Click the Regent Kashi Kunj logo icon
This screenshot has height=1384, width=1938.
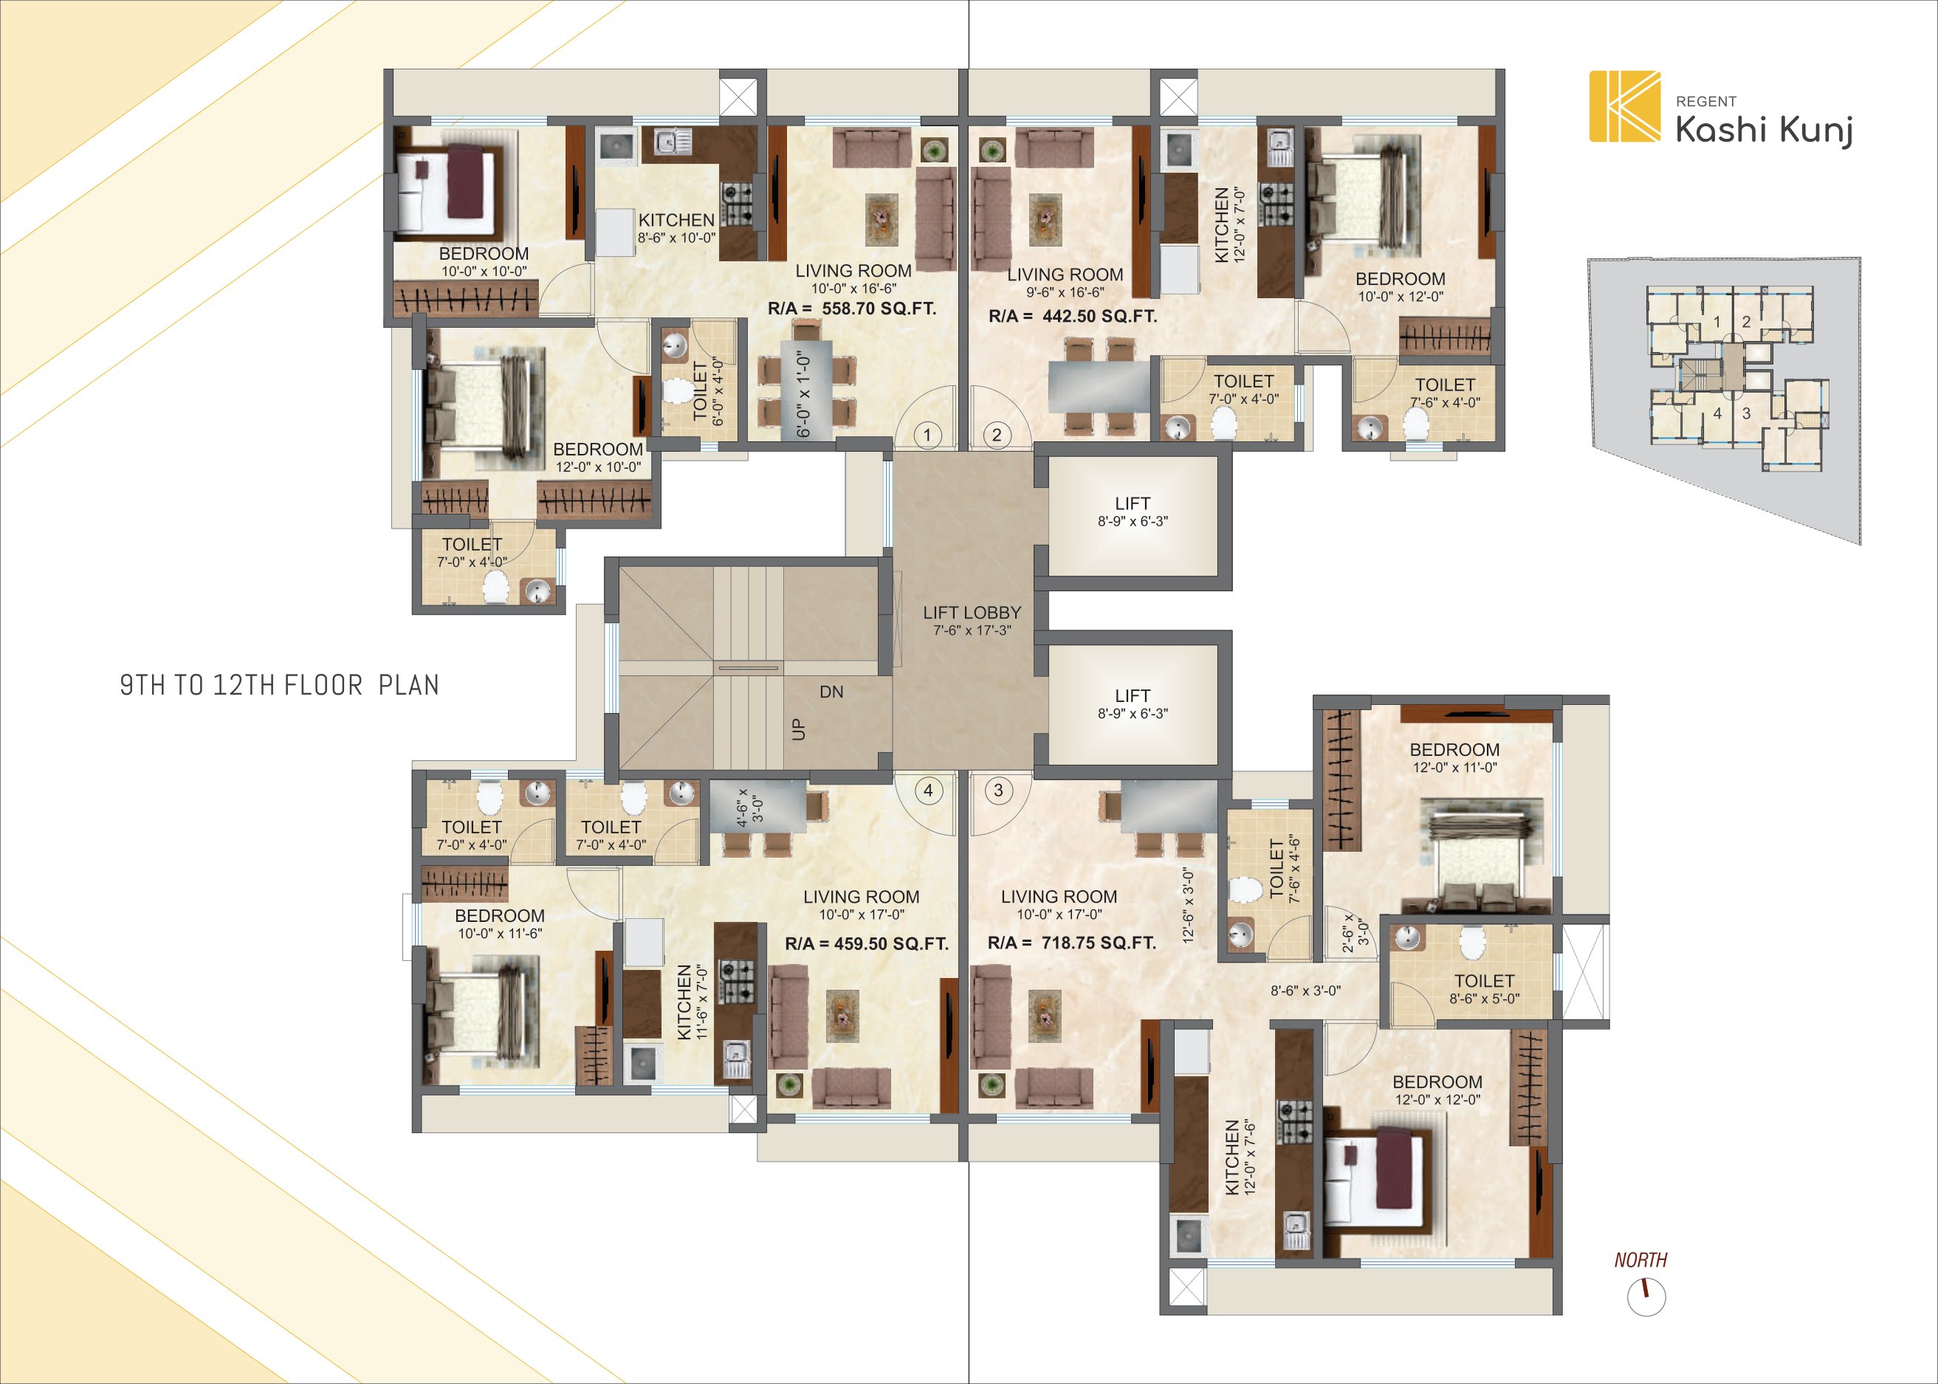click(1624, 106)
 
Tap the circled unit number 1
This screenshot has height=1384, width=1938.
click(927, 435)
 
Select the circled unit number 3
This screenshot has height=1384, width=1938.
click(998, 790)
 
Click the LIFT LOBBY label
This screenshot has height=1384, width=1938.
click(972, 613)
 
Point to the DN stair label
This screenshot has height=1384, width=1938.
click(831, 692)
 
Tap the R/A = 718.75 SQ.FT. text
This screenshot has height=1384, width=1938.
click(1071, 943)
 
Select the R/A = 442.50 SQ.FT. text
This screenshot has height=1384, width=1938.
click(1073, 316)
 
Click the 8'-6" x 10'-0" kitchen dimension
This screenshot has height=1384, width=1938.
click(677, 238)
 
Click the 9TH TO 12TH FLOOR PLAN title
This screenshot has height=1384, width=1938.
click(280, 685)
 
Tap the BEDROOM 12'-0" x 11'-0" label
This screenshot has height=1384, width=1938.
click(1454, 757)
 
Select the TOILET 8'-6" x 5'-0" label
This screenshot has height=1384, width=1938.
click(1484, 989)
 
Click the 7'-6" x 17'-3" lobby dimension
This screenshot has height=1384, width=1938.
click(972, 630)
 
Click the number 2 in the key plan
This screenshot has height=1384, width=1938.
click(1746, 322)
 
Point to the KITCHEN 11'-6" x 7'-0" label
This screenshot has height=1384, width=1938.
click(693, 1002)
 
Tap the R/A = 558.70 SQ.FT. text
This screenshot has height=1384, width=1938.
click(851, 309)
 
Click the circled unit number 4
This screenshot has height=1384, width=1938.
click(928, 791)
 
